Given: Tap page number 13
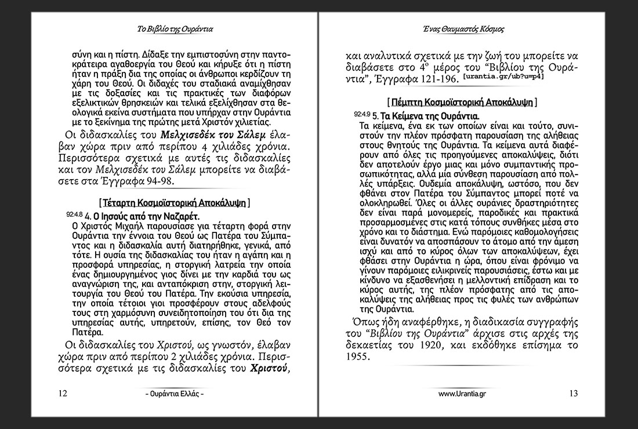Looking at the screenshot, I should coord(574,393).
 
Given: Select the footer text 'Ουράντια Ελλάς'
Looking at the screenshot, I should coord(175,394).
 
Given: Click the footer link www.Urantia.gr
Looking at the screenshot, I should coord(462,394).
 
